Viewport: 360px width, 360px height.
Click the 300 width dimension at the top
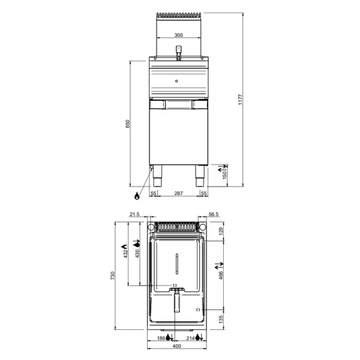coord(178,35)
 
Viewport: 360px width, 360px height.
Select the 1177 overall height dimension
coord(239,100)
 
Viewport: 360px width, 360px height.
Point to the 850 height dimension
coord(128,124)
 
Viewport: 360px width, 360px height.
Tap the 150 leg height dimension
coord(225,175)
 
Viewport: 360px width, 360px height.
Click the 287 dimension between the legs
coord(178,193)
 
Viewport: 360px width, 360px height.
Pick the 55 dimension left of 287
coord(154,193)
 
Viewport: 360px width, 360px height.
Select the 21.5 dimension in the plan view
coord(134,214)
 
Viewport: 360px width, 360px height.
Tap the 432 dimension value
coord(125,254)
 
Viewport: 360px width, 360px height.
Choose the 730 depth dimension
coord(112,275)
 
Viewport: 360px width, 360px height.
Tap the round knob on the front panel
coord(176,80)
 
